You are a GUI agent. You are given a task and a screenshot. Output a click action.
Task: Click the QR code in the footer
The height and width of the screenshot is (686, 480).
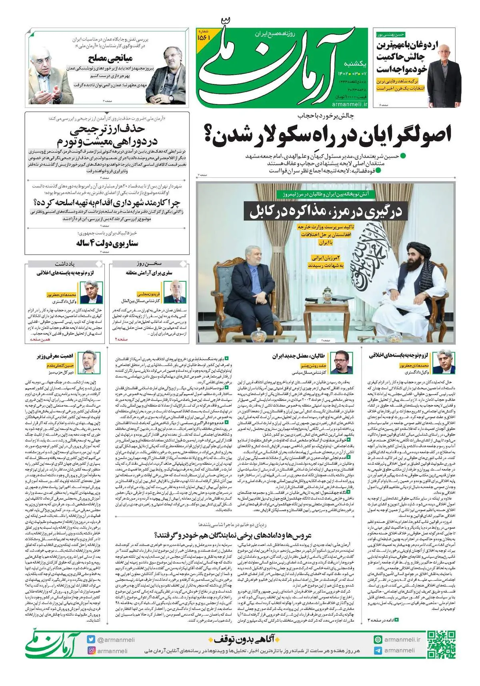(x=441, y=644)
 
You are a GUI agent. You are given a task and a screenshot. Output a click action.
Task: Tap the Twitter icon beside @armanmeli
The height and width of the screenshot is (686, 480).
(x=92, y=640)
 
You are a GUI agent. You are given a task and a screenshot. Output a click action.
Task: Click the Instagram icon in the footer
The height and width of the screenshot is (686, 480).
(x=92, y=651)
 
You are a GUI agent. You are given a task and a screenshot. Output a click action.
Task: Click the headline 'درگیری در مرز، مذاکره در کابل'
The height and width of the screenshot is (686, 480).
(x=326, y=211)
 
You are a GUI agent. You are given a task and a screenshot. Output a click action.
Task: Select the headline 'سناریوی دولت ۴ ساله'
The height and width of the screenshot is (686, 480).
(x=107, y=243)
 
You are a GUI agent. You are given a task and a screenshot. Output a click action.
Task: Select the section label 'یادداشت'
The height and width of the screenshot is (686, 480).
(x=65, y=264)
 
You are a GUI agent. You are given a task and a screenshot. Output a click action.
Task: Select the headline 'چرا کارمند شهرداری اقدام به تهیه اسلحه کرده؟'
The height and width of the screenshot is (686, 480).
(x=107, y=202)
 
